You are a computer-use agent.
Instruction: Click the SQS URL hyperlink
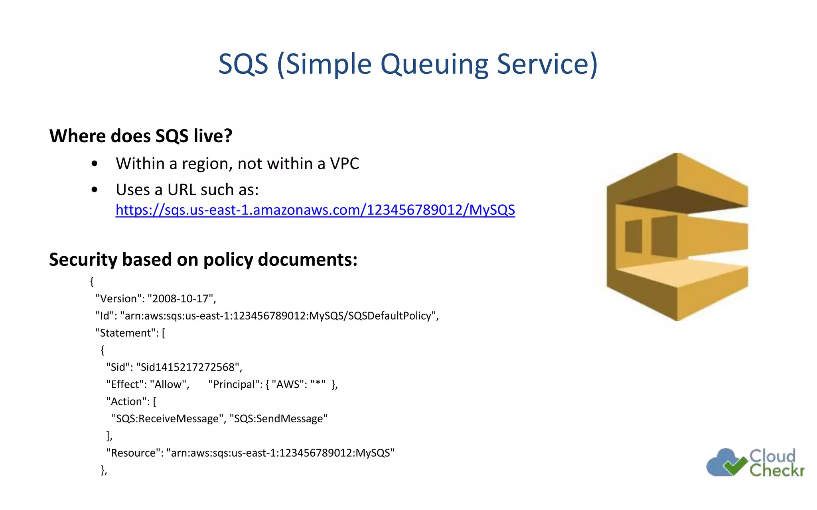(x=315, y=210)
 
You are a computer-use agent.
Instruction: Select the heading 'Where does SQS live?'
(x=140, y=136)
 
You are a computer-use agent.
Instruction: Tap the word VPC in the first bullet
(x=344, y=164)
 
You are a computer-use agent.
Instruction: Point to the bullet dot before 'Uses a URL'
(x=95, y=190)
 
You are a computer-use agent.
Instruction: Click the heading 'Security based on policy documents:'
(x=203, y=260)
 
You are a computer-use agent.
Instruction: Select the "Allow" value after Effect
(x=168, y=384)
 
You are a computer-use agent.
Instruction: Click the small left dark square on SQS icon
(x=633, y=236)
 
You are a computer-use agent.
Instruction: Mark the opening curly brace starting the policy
(x=92, y=282)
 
